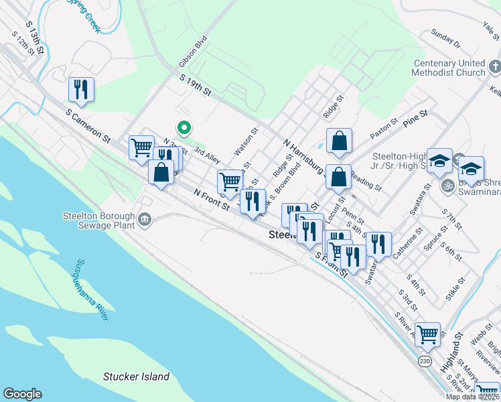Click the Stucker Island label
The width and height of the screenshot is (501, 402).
tap(136, 377)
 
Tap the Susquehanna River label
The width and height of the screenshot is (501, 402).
tap(92, 290)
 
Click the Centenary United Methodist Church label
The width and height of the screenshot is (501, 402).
tap(448, 68)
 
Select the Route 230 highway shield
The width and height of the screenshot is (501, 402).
tap(425, 361)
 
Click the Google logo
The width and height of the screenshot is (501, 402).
tap(22, 394)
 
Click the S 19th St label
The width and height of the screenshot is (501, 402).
tap(196, 85)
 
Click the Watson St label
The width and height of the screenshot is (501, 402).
tap(245, 143)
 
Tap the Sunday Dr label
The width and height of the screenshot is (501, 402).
tap(446, 40)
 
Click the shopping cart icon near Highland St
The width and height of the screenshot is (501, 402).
tap(427, 334)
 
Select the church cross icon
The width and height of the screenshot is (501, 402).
tap(494, 67)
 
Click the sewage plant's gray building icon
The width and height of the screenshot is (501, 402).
tap(144, 219)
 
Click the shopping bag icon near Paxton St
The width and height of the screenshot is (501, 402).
tap(340, 141)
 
